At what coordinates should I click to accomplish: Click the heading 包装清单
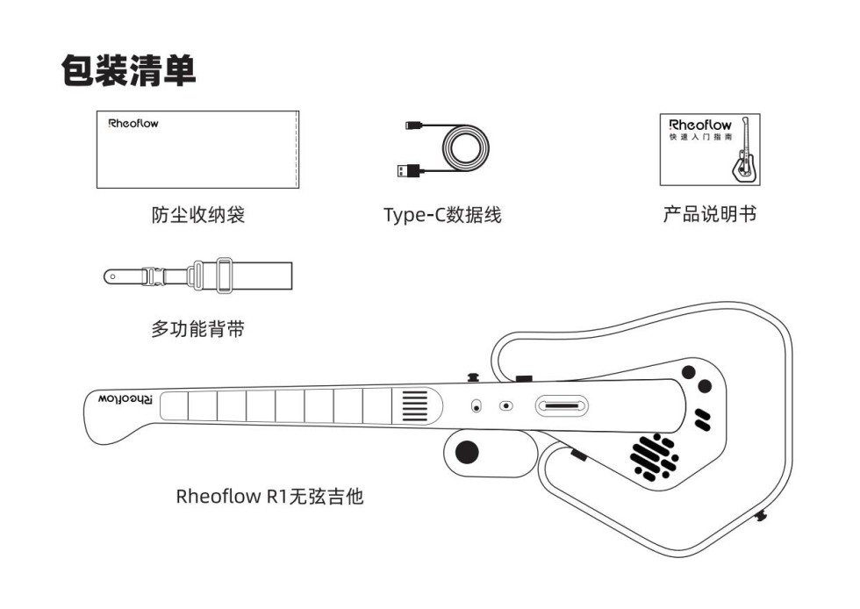(x=128, y=70)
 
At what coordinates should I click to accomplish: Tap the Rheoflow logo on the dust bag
(x=133, y=124)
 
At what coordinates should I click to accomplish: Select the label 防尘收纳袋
(x=197, y=214)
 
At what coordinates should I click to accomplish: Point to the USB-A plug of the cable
(x=407, y=169)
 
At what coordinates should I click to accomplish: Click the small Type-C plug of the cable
(x=412, y=126)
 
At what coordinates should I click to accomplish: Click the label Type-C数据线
(x=442, y=214)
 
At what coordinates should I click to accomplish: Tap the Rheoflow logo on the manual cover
(x=699, y=125)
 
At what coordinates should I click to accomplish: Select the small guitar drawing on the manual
(x=743, y=155)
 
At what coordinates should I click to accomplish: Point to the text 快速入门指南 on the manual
(x=692, y=139)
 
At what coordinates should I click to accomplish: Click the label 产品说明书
(x=709, y=214)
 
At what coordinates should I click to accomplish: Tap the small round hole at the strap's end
(x=111, y=276)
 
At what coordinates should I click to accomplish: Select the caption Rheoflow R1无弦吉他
(x=269, y=497)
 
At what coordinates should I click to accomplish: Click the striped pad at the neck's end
(x=415, y=406)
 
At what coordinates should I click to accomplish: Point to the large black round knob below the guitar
(x=468, y=452)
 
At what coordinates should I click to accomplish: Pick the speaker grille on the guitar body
(x=655, y=454)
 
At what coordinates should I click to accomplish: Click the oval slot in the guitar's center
(x=562, y=406)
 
